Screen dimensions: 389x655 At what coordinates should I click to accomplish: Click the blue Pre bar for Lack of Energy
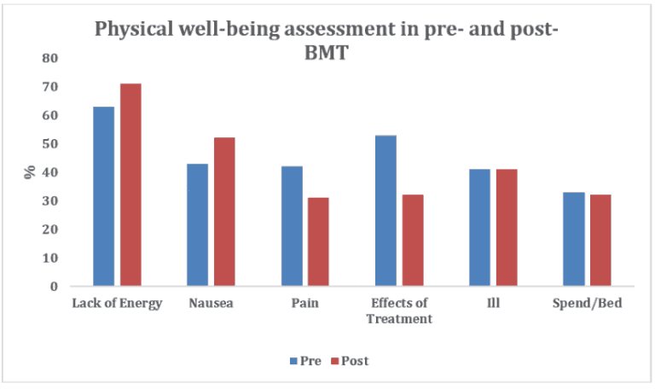pyautogui.click(x=103, y=195)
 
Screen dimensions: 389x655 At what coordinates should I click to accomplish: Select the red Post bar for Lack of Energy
pyautogui.click(x=130, y=184)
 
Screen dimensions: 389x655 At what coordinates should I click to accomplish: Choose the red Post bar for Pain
pyautogui.click(x=318, y=241)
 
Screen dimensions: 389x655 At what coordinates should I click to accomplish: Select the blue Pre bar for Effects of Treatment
pyautogui.click(x=385, y=210)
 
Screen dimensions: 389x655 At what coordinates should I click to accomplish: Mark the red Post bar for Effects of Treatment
pyautogui.click(x=413, y=240)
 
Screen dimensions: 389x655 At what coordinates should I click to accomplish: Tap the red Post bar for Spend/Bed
pyautogui.click(x=600, y=240)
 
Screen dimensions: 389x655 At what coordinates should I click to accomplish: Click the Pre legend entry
pyautogui.click(x=304, y=361)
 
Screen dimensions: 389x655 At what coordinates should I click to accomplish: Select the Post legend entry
pyautogui.click(x=349, y=361)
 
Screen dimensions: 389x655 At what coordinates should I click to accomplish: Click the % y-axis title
pyautogui.click(x=30, y=171)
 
